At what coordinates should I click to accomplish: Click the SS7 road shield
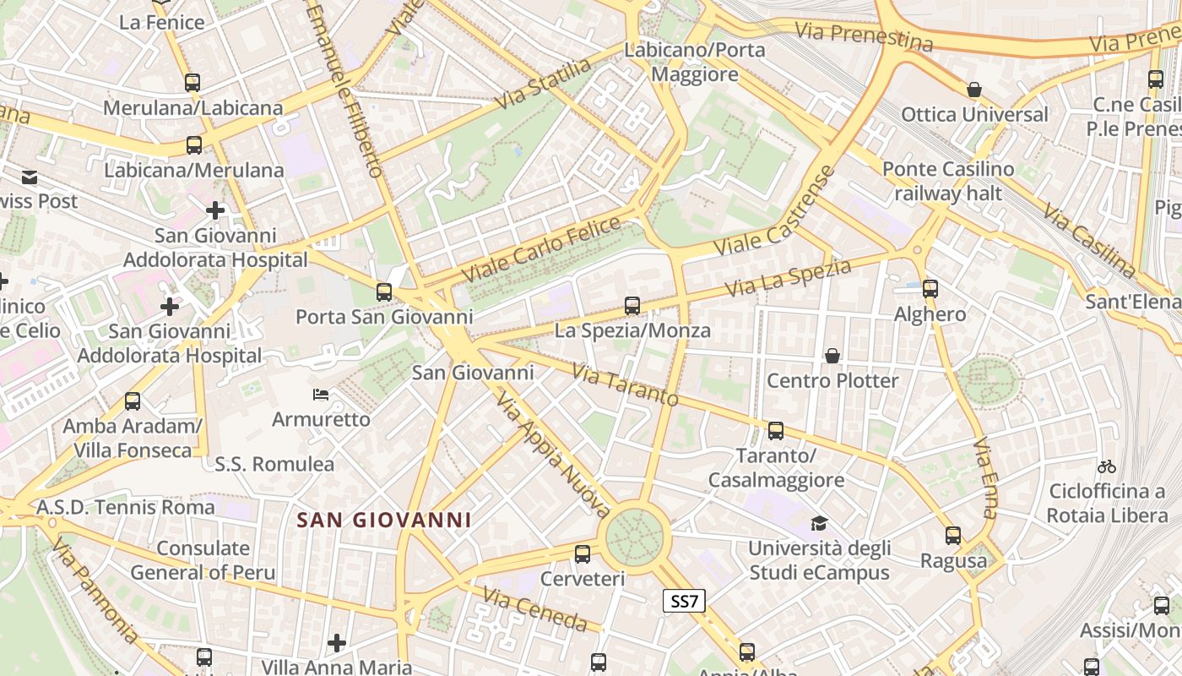pos(683,602)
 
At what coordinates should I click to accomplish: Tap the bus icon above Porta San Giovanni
pos(384,292)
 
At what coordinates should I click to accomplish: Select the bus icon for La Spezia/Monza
pos(632,306)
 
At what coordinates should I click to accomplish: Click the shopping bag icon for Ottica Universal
pos(974,90)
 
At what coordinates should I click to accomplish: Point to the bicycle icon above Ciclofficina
pos(1106,466)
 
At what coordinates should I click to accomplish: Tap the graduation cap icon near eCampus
pos(818,524)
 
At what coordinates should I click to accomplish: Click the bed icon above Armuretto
pos(321,395)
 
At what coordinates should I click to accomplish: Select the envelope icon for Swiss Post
pos(30,177)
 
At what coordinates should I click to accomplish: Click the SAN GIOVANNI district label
pos(384,520)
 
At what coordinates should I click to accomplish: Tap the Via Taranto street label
pos(625,384)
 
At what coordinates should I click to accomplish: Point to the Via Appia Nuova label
pos(552,454)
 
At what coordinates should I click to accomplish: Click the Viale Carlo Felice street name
pos(541,250)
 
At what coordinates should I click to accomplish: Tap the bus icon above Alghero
pos(930,289)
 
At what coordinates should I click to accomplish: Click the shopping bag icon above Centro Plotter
pos(832,356)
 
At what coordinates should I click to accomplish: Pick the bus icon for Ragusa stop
pos(953,536)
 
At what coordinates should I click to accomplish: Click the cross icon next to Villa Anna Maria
pos(337,643)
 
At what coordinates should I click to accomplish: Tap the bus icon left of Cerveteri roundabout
pos(583,554)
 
